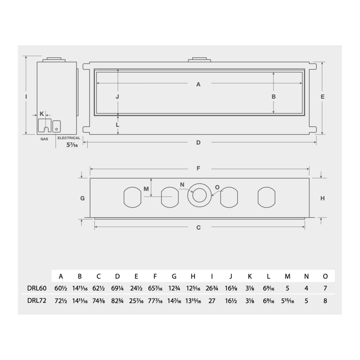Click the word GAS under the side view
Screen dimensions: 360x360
44,139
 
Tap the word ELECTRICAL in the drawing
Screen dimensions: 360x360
68,138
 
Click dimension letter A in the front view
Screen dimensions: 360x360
198,84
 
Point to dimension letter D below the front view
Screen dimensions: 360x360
198,143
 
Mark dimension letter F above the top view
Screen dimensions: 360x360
198,169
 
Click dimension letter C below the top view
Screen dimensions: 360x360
198,227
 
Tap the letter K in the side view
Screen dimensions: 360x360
41,113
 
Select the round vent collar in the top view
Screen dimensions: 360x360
198,195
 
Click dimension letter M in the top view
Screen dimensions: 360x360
146,189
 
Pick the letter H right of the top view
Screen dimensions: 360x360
323,198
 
